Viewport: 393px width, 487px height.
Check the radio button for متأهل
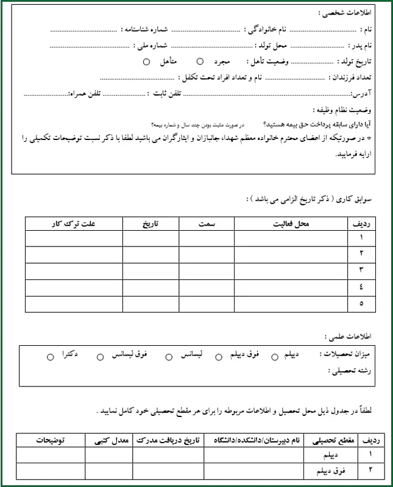[146, 61]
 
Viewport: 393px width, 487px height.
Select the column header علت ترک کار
[74, 224]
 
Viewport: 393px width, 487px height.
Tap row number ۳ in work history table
[361, 269]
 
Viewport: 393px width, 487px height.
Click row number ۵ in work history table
[361, 302]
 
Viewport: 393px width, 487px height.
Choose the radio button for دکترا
[51, 357]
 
